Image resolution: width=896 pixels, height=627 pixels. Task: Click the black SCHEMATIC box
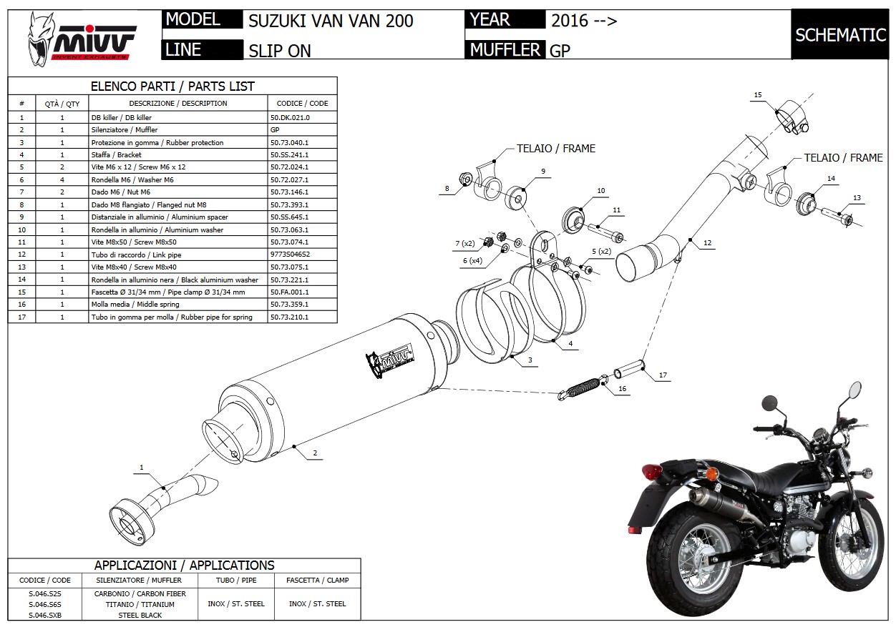tap(840, 35)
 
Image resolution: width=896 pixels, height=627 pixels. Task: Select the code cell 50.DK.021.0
tap(290, 117)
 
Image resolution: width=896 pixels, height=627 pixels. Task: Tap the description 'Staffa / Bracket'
tap(116, 154)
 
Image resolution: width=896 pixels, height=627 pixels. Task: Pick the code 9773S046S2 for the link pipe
tap(290, 255)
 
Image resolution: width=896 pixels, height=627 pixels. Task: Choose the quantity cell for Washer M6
tap(62, 179)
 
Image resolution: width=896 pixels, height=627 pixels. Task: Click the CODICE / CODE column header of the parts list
tap(302, 104)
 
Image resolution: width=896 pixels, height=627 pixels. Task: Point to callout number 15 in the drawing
tap(758, 95)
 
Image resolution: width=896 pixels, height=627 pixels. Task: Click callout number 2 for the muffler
tap(315, 453)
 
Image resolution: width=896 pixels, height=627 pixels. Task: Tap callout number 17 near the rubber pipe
tap(663, 375)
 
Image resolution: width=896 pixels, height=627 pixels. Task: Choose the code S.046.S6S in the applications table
tap(44, 604)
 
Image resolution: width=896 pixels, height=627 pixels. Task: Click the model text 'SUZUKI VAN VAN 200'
tap(331, 20)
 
